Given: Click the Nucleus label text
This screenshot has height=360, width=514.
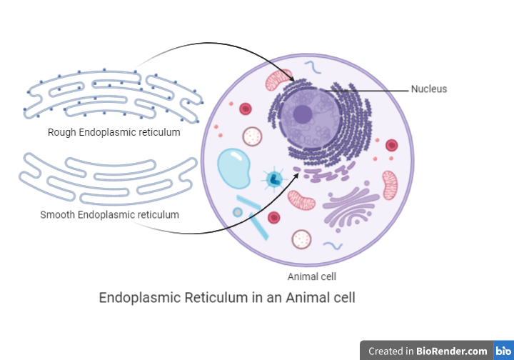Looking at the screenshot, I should coord(428,89).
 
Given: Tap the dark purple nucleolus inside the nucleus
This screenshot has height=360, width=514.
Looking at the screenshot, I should coord(303,114).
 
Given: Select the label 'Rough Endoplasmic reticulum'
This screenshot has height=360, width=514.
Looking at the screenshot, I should coord(114,132).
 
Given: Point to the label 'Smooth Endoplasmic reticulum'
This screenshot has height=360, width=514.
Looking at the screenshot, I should coord(109,214).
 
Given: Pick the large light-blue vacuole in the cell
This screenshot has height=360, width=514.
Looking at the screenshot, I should coord(234,169).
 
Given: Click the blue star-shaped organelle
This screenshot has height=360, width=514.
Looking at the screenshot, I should coord(273,179).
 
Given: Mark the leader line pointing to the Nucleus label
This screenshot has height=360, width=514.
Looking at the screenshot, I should coord(371,89).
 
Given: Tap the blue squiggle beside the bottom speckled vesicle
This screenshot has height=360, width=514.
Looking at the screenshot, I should coord(333,245).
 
